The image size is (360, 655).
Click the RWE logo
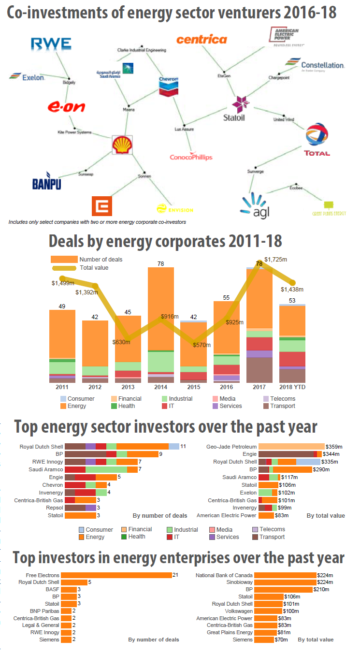(x=51, y=44)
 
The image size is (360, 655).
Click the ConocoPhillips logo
(x=191, y=157)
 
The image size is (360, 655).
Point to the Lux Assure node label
(x=184, y=130)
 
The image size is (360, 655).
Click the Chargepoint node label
(x=279, y=77)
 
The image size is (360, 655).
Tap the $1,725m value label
(x=276, y=260)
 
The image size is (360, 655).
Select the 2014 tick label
(x=161, y=387)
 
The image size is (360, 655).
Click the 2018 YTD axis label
(x=292, y=387)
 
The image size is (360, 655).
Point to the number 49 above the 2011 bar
(x=62, y=306)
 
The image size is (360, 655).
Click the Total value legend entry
(x=94, y=267)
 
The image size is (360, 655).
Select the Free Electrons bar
(x=117, y=575)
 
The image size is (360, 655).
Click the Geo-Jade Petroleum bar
(x=291, y=446)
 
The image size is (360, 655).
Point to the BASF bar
(x=69, y=589)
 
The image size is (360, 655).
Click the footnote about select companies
(x=97, y=222)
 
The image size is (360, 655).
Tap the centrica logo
(x=202, y=40)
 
